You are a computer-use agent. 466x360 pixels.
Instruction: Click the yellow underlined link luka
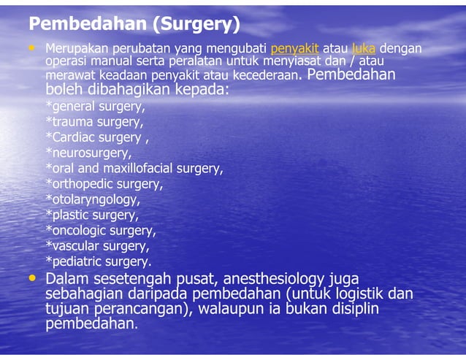[363, 49]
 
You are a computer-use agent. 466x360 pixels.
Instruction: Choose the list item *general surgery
[95, 107]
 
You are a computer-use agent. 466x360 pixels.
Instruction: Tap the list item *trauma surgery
[94, 122]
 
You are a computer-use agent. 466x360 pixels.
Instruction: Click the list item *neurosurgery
[88, 153]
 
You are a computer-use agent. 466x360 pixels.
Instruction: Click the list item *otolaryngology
[92, 199]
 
